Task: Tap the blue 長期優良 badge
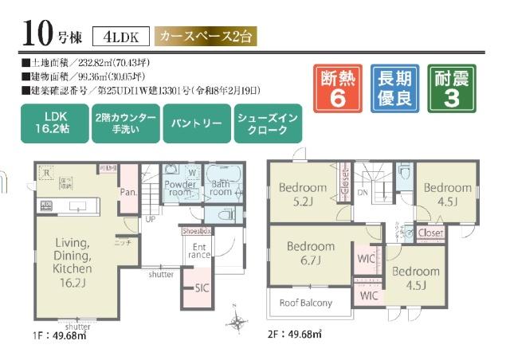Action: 394,88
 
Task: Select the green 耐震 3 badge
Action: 452,88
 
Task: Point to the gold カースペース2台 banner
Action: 207,37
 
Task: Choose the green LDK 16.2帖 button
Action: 54,123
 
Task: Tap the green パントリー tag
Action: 196,124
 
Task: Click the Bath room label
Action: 221,187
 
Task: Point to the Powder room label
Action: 180,187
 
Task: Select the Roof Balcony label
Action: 306,303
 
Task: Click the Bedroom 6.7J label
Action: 311,252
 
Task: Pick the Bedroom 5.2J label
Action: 303,194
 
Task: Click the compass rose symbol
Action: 237,322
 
